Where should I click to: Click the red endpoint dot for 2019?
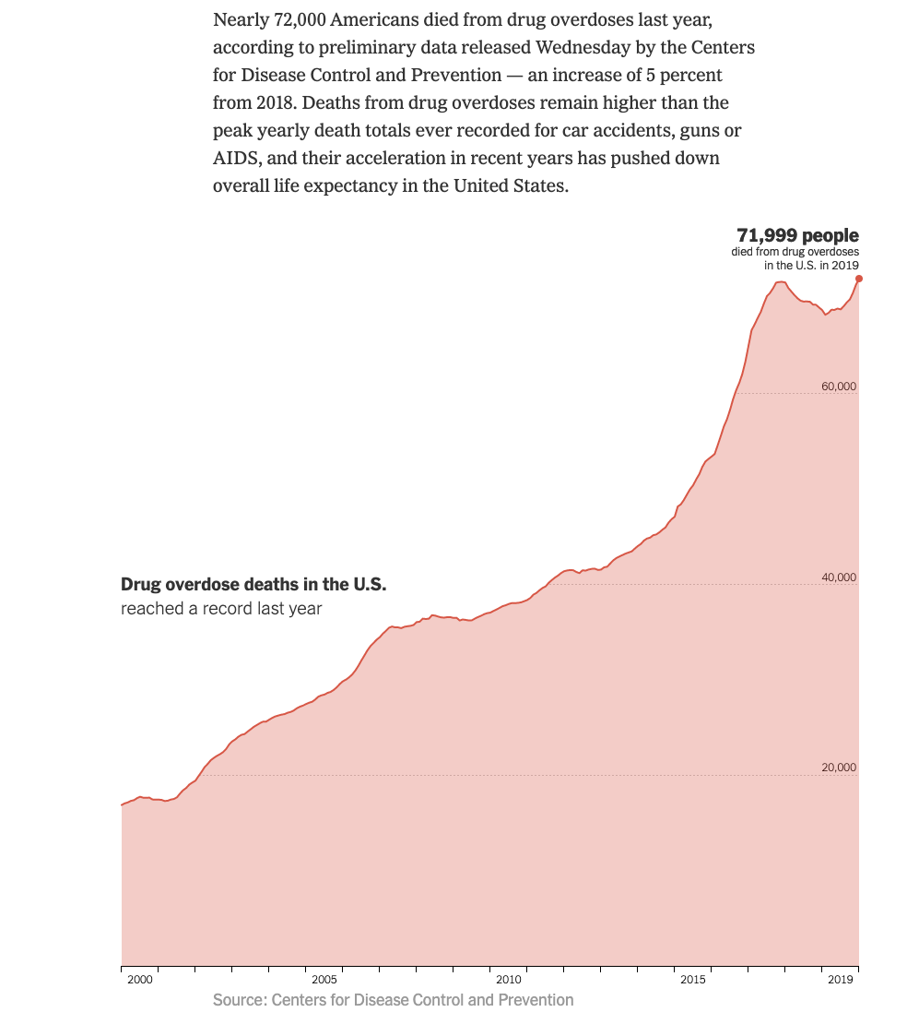click(858, 278)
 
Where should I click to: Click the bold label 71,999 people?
click(797, 235)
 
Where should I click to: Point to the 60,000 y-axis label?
click(839, 387)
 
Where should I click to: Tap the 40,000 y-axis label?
click(839, 577)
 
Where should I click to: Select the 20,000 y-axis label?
click(839, 768)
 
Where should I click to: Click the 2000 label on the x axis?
click(139, 979)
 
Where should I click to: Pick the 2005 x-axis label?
click(324, 979)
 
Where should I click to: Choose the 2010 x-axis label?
click(509, 979)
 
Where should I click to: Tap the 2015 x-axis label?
click(693, 979)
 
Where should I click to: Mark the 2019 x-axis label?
click(841, 979)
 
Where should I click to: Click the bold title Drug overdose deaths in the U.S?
click(253, 585)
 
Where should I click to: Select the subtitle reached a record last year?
click(221, 609)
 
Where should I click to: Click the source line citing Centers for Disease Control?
click(393, 1000)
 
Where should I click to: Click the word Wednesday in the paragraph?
click(587, 47)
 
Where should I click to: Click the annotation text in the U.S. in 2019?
click(811, 265)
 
